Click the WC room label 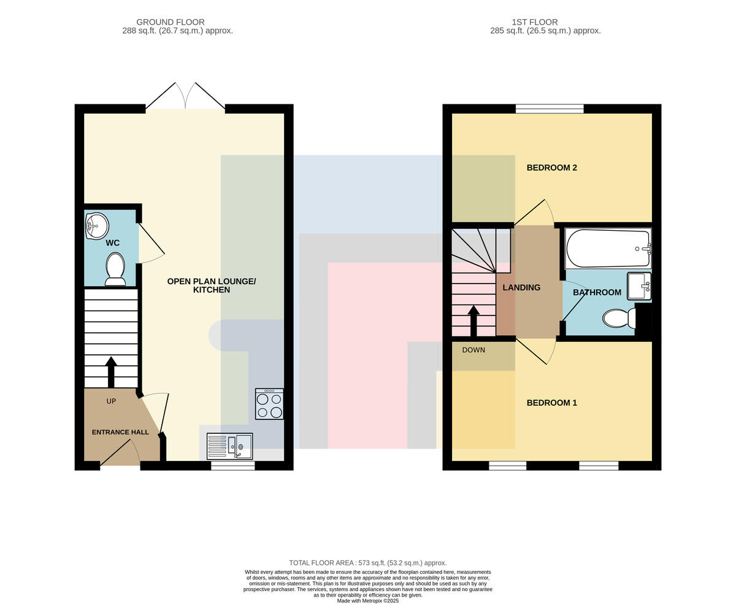112,243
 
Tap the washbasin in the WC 97,226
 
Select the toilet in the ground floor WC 115,269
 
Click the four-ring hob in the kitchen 269,404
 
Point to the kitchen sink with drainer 229,446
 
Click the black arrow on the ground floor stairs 111,372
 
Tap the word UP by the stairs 111,401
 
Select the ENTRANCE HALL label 120,432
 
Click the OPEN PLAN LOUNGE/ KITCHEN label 212,285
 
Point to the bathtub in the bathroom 608,249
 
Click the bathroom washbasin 639,286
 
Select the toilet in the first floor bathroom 619,318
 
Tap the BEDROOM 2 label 552,168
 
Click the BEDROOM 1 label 552,403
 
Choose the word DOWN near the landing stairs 473,350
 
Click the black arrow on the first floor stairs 473,322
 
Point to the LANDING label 521,287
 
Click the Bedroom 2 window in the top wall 550,109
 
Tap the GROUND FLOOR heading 171,22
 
